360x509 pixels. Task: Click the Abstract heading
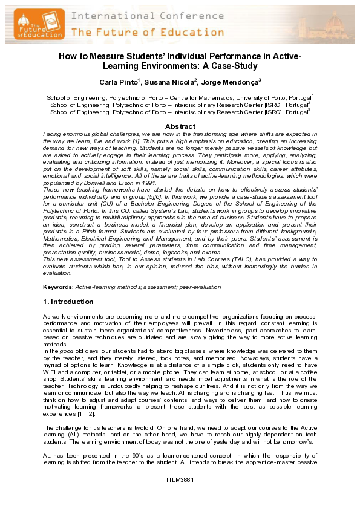tap(180, 126)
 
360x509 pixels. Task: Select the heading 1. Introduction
tap(68, 301)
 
